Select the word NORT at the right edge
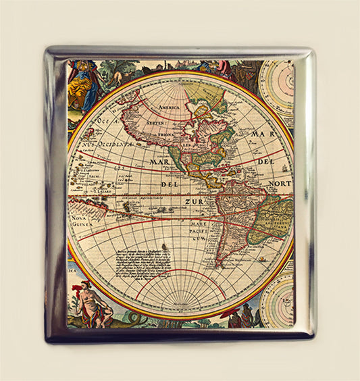tap(279, 184)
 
